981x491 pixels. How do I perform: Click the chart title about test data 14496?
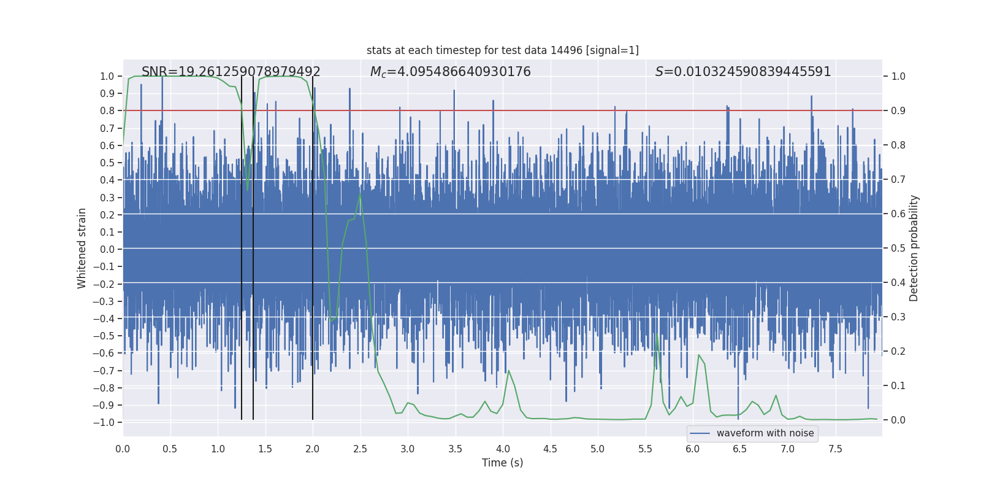coord(502,50)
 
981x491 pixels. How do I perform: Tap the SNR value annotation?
coord(231,72)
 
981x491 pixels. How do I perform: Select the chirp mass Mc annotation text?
coord(450,72)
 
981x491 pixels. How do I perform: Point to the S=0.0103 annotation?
coord(742,72)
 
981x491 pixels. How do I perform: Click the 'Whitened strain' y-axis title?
coord(82,248)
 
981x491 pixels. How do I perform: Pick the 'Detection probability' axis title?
coord(914,248)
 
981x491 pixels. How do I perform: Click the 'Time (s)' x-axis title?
coord(502,463)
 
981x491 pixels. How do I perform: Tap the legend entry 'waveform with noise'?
coord(765,433)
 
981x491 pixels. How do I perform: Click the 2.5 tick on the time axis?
coord(360,449)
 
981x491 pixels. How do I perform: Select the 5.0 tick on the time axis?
coord(597,449)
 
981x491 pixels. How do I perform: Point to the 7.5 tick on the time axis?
coord(835,449)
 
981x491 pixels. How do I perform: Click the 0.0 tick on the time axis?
coord(123,449)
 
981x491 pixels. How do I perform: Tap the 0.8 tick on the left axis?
coord(107,111)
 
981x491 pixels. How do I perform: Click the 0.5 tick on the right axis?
coord(898,249)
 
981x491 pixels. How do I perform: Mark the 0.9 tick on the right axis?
coord(898,111)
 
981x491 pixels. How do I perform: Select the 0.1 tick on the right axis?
coord(898,386)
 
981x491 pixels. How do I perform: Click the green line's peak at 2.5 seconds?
coord(360,194)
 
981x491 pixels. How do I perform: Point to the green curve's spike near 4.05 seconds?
coord(508,371)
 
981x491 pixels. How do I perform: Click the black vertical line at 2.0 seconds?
coord(313,245)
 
